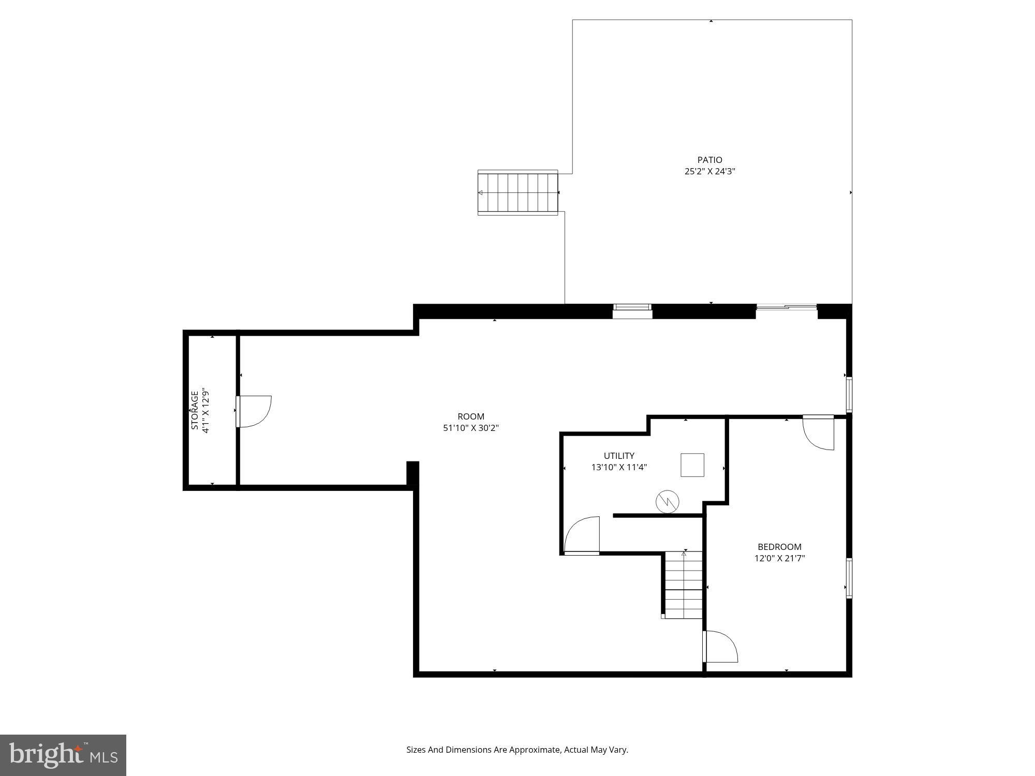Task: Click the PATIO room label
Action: (709, 160)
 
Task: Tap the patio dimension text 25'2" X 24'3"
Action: (709, 171)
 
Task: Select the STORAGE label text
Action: (195, 410)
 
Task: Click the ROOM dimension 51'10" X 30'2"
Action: (470, 428)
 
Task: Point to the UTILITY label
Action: (619, 456)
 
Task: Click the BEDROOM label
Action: (779, 547)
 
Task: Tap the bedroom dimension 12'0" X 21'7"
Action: (779, 558)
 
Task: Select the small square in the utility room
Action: (692, 465)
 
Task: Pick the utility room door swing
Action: (582, 535)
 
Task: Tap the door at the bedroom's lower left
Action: (720, 647)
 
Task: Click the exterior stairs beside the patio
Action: (517, 192)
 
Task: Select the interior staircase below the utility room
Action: (684, 585)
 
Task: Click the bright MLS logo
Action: (63, 755)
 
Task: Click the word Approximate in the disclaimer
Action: (535, 750)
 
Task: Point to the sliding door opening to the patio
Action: (787, 308)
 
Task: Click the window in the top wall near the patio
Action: (632, 310)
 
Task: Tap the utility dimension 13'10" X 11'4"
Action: (619, 467)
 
